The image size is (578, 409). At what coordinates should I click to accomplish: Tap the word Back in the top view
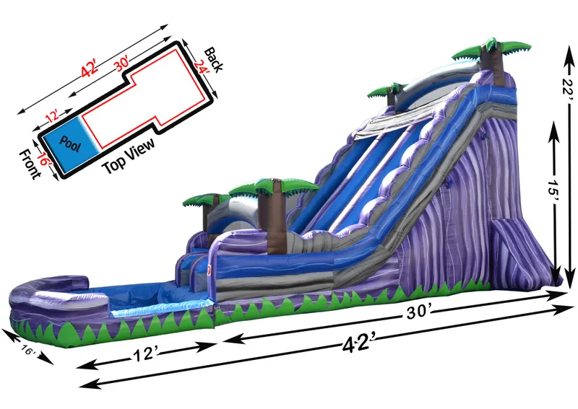tap(213, 60)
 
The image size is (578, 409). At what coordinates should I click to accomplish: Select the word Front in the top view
tap(30, 164)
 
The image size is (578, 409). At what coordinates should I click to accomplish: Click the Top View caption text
tap(129, 156)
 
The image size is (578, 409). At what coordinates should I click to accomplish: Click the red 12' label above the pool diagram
tap(52, 116)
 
